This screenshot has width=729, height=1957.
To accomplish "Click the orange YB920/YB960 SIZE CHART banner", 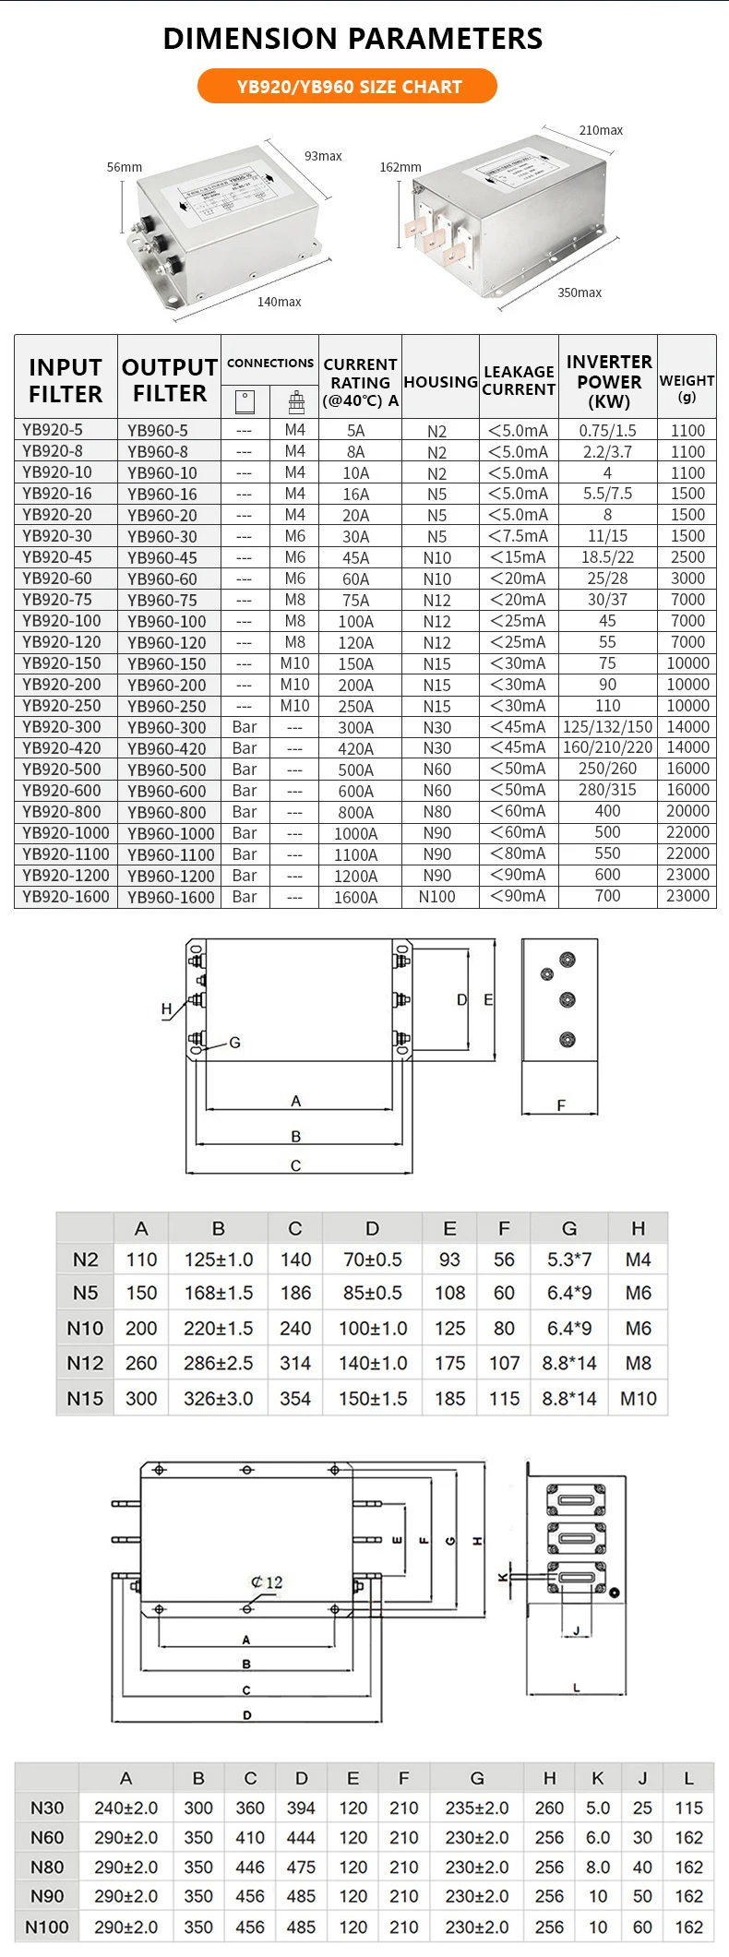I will tap(348, 87).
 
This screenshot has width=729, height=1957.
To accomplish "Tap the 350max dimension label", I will tap(579, 292).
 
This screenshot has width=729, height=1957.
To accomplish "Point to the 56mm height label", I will tap(125, 167).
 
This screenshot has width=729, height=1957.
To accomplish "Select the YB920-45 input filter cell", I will tap(57, 557).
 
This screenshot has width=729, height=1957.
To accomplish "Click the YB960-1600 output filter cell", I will tap(171, 897).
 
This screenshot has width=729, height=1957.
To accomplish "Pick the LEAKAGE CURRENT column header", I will tap(519, 380).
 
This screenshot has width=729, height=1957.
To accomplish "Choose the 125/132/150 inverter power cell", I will tap(607, 727).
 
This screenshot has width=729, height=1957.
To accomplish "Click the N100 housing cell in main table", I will tap(437, 897).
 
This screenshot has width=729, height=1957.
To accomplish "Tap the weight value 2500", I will tap(687, 557).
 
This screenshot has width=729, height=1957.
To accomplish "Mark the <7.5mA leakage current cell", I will tap(519, 536).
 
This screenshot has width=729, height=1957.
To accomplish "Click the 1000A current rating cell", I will tap(356, 833).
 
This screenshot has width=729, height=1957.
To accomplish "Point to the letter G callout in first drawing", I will tap(234, 1043).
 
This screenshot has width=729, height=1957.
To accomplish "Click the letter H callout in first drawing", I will tap(166, 1008).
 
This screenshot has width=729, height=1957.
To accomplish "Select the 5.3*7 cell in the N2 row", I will tap(569, 1259).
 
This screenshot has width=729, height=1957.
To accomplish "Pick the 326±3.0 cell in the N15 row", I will tap(219, 1399).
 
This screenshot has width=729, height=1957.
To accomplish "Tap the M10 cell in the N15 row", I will tap(639, 1399).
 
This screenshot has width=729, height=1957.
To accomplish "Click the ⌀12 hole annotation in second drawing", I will tap(267, 1582).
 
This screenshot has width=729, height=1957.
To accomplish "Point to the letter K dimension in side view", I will tap(503, 1577).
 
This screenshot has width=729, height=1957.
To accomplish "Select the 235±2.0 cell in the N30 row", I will tap(477, 1808).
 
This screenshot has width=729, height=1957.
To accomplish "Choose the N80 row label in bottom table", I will tap(47, 1867).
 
